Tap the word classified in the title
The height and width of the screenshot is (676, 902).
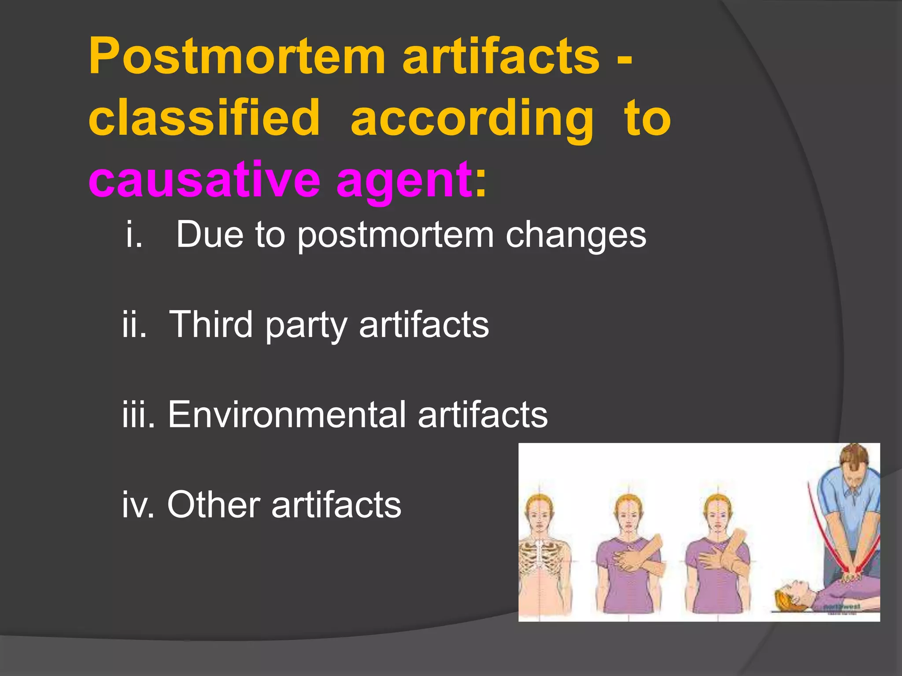(204, 118)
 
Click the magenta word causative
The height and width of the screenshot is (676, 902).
(204, 180)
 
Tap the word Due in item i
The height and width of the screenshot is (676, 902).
(210, 235)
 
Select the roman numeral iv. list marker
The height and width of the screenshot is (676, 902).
(138, 505)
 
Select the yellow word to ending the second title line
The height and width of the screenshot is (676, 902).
(647, 118)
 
